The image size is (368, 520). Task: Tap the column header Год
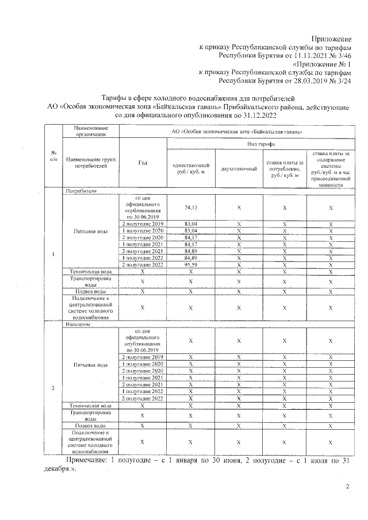click(x=143, y=163)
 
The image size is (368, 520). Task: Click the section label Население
click(x=79, y=325)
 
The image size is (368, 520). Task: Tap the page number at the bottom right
click(x=347, y=487)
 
